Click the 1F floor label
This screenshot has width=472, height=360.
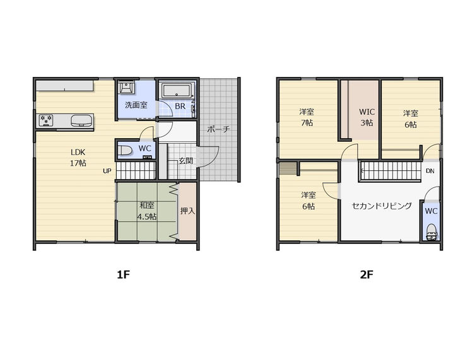tap(123, 274)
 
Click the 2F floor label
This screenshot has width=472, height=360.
tap(367, 274)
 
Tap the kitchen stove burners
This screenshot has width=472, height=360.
tap(46, 120)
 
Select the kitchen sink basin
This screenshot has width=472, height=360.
tap(81, 120)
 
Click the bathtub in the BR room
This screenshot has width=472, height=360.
tap(177, 90)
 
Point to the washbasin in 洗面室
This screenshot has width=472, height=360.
tap(126, 87)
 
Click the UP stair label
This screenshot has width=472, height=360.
tap(107, 171)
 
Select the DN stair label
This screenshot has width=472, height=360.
tap(430, 171)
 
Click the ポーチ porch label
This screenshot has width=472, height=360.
tap(218, 130)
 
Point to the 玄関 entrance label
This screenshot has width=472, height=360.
tap(186, 161)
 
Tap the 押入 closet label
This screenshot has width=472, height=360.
tap(187, 211)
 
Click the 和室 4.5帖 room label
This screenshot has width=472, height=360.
tap(146, 211)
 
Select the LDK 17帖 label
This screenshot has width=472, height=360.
tap(78, 157)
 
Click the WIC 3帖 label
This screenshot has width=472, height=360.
tap(367, 117)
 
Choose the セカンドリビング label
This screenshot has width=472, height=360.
tap(382, 206)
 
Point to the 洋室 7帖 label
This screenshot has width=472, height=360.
tap(307, 117)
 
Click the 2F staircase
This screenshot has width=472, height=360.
tap(390, 171)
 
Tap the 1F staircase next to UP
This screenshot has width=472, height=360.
tap(136, 171)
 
